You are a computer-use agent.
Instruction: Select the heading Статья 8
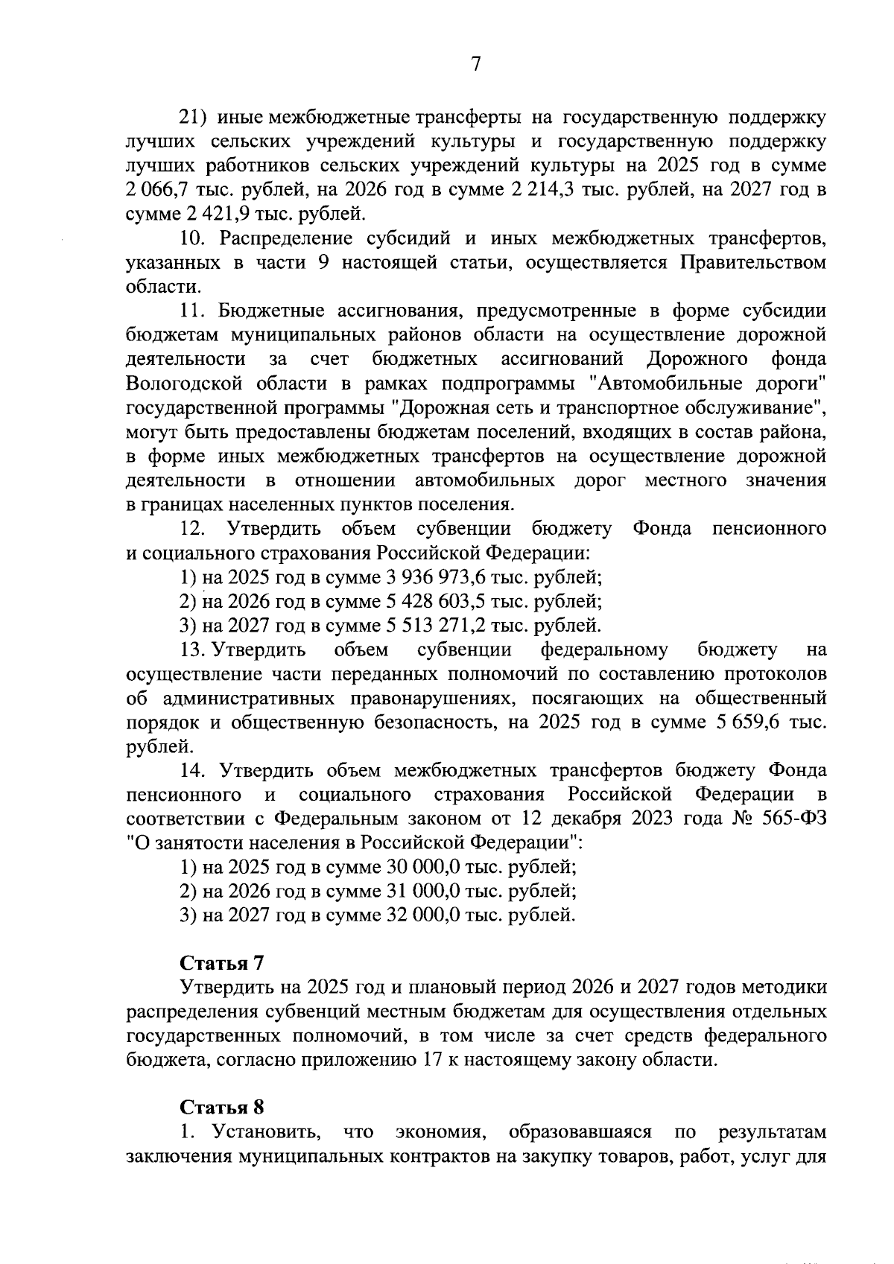pyautogui.click(x=222, y=1107)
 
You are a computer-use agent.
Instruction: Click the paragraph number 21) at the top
pyautogui.click(x=194, y=118)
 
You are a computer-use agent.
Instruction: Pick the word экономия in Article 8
pyautogui.click(x=441, y=1132)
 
